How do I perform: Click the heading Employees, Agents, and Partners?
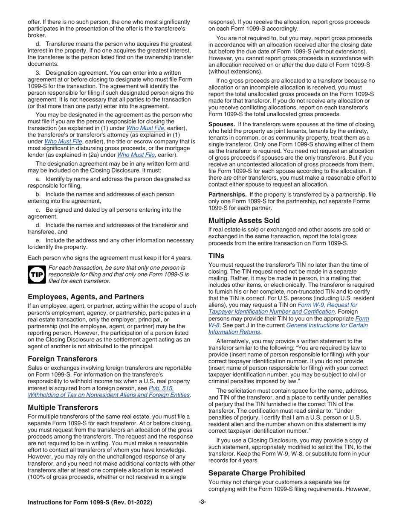(86, 297)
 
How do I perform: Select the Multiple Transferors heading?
(63, 407)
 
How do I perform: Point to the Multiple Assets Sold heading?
(244, 220)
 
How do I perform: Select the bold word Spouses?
(222, 124)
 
